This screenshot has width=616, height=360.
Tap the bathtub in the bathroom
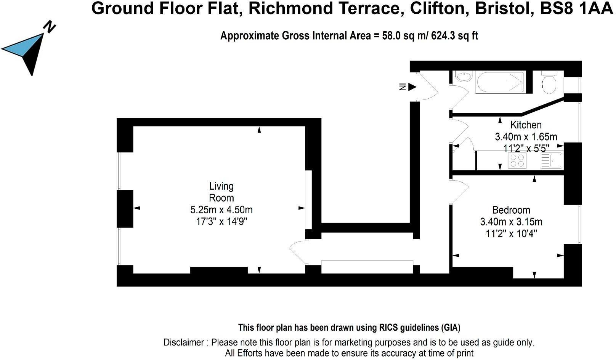pyautogui.click(x=499, y=82)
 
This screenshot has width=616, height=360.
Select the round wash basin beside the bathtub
pyautogui.click(x=464, y=77)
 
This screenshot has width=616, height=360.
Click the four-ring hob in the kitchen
pyautogui.click(x=517, y=160)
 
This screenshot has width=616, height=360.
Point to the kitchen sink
pyautogui.click(x=551, y=160)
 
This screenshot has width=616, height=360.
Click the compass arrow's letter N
pyautogui.click(x=50, y=27)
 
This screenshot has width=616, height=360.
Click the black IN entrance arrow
pyautogui.click(x=412, y=87)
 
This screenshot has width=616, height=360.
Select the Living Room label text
pyautogui.click(x=221, y=192)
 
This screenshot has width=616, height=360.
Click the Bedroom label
pyautogui.click(x=511, y=210)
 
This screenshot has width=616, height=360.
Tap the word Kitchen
pyautogui.click(x=526, y=125)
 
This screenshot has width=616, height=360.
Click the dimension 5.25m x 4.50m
pyautogui.click(x=221, y=210)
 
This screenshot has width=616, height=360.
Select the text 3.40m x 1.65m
pyautogui.click(x=526, y=136)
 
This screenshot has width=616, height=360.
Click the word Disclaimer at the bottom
pyautogui.click(x=184, y=342)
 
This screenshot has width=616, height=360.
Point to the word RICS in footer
pyautogui.click(x=389, y=327)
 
